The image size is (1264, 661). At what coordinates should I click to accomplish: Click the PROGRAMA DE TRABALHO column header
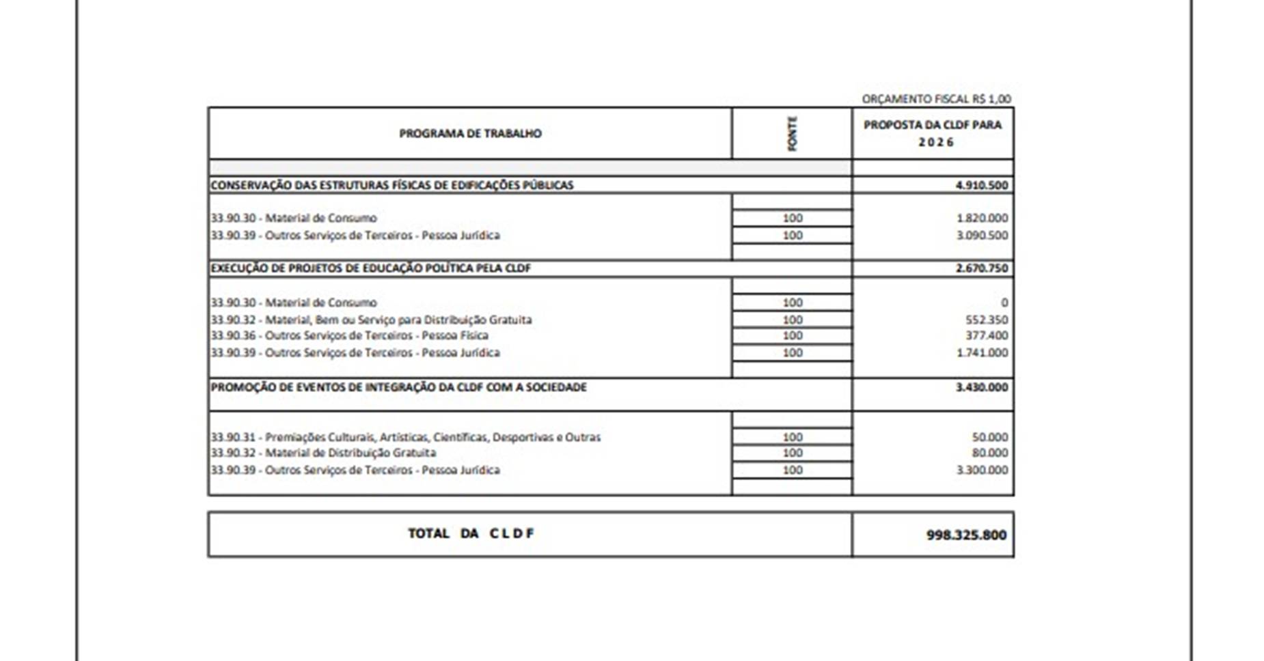(x=470, y=133)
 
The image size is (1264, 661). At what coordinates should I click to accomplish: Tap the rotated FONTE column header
(x=792, y=134)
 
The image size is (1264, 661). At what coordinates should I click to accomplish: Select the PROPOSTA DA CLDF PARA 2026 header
(x=933, y=133)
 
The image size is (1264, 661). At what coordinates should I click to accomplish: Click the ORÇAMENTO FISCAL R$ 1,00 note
(x=936, y=99)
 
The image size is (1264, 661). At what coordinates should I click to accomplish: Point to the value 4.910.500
(x=981, y=185)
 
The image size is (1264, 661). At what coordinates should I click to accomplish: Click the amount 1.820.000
(x=982, y=218)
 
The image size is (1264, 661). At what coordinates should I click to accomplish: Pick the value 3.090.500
(x=982, y=235)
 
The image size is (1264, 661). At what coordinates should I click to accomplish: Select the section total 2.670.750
(x=981, y=268)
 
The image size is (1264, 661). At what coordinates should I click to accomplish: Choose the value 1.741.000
(x=982, y=352)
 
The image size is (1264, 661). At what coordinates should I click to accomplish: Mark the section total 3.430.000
(x=981, y=386)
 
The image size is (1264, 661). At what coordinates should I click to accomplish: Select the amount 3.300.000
(x=982, y=470)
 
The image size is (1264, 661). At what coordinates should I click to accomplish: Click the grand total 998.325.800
(x=966, y=535)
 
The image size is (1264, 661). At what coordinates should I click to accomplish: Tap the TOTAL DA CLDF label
(x=471, y=533)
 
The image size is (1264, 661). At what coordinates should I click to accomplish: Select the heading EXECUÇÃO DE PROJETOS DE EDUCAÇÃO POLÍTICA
(x=370, y=268)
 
